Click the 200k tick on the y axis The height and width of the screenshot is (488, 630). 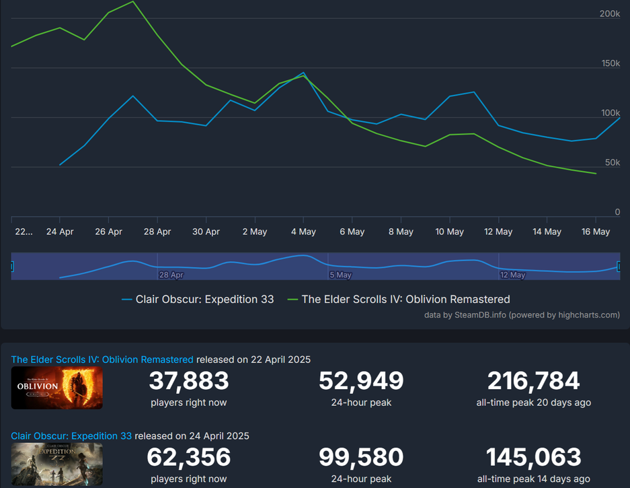point(609,14)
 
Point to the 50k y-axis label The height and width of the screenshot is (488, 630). point(612,163)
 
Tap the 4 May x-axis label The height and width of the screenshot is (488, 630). point(303,232)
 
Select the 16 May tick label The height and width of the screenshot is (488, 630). point(596,232)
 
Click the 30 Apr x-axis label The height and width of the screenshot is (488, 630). point(206,232)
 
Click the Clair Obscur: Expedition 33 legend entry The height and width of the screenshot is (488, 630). point(204,300)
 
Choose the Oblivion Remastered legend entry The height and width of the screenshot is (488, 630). point(405,300)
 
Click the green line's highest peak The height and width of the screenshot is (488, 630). point(132,1)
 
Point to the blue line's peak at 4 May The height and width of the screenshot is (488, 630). point(303,73)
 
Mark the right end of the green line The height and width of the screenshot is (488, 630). point(596,174)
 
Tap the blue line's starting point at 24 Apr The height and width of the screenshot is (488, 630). point(60,164)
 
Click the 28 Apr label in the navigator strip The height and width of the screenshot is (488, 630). point(171,275)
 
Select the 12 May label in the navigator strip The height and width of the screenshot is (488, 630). point(513,275)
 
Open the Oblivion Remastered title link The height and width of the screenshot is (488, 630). point(102,359)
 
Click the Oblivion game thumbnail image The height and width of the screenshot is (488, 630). point(57,388)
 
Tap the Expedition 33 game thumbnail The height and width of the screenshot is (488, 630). point(57,464)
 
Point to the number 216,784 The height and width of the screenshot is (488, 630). point(533,382)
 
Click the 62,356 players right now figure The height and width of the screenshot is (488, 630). point(189,458)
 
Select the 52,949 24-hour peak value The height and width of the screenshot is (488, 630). point(361,382)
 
